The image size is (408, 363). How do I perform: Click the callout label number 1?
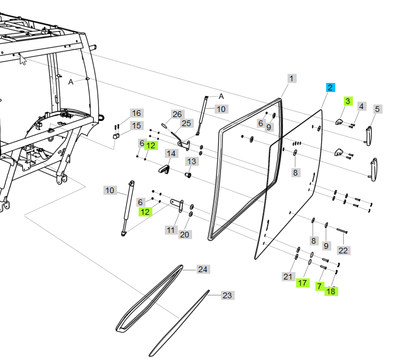(x=292, y=78)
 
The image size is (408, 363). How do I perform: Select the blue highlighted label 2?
(x=330, y=87)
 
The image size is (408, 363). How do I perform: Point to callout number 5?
(x=361, y=106)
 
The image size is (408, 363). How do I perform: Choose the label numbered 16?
(x=377, y=109)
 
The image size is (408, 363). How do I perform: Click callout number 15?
(x=136, y=113)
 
